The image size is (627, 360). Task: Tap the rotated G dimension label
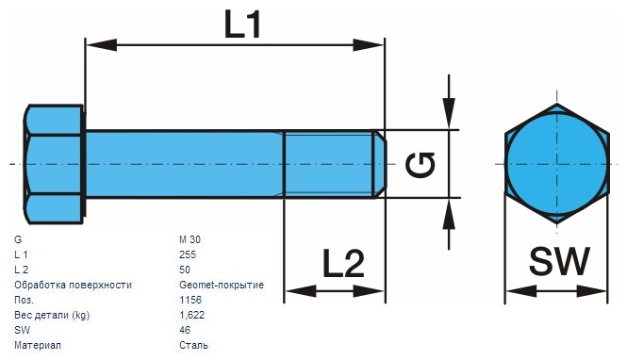421,165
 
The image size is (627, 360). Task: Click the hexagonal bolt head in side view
53,164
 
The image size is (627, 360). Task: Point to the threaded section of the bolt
331,164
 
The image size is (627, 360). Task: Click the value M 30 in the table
190,239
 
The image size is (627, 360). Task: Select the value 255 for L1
187,254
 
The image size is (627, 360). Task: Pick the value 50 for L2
184,270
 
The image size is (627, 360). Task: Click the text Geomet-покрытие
221,285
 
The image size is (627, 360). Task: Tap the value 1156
189,300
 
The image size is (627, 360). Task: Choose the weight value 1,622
191,315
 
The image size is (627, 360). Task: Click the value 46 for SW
184,330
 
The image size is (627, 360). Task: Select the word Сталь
192,345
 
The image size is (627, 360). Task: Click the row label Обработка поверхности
73,285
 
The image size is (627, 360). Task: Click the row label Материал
38,345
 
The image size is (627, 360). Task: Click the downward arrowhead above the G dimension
450,118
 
